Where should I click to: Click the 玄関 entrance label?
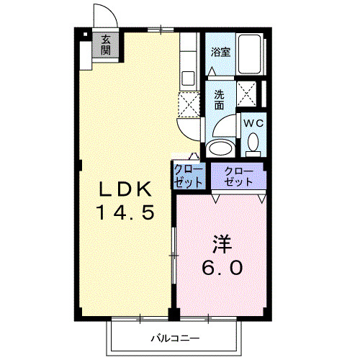pyautogui.click(x=107, y=45)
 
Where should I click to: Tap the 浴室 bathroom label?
pyautogui.click(x=220, y=53)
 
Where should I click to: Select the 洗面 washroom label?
pyautogui.click(x=220, y=99)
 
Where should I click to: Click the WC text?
pyautogui.click(x=253, y=123)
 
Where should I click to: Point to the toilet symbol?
pyautogui.click(x=253, y=145)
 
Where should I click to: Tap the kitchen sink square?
pyautogui.click(x=188, y=77)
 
